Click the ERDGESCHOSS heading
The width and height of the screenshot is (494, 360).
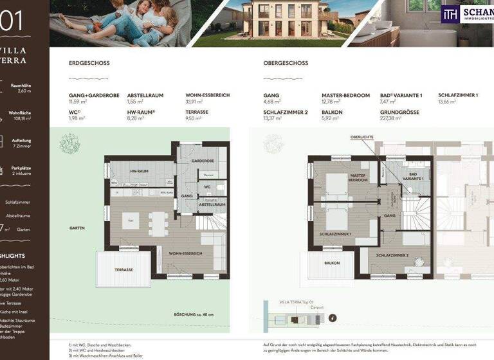tap(89, 64)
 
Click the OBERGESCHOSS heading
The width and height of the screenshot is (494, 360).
tap(286, 64)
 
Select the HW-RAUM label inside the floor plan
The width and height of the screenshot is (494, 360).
tap(140, 172)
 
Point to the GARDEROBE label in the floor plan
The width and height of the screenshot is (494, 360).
tap(202, 161)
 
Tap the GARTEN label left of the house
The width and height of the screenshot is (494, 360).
tap(78, 228)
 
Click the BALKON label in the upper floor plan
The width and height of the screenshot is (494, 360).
tap(331, 263)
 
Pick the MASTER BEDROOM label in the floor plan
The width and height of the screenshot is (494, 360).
tap(358, 177)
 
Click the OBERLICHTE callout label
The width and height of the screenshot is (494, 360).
tap(361, 138)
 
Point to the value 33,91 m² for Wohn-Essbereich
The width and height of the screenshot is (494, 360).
tap(198, 102)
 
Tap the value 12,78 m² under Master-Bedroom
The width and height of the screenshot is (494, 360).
tap(331, 102)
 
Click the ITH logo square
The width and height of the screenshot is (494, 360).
tap(450, 14)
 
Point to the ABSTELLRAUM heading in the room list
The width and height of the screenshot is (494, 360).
tap(145, 95)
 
